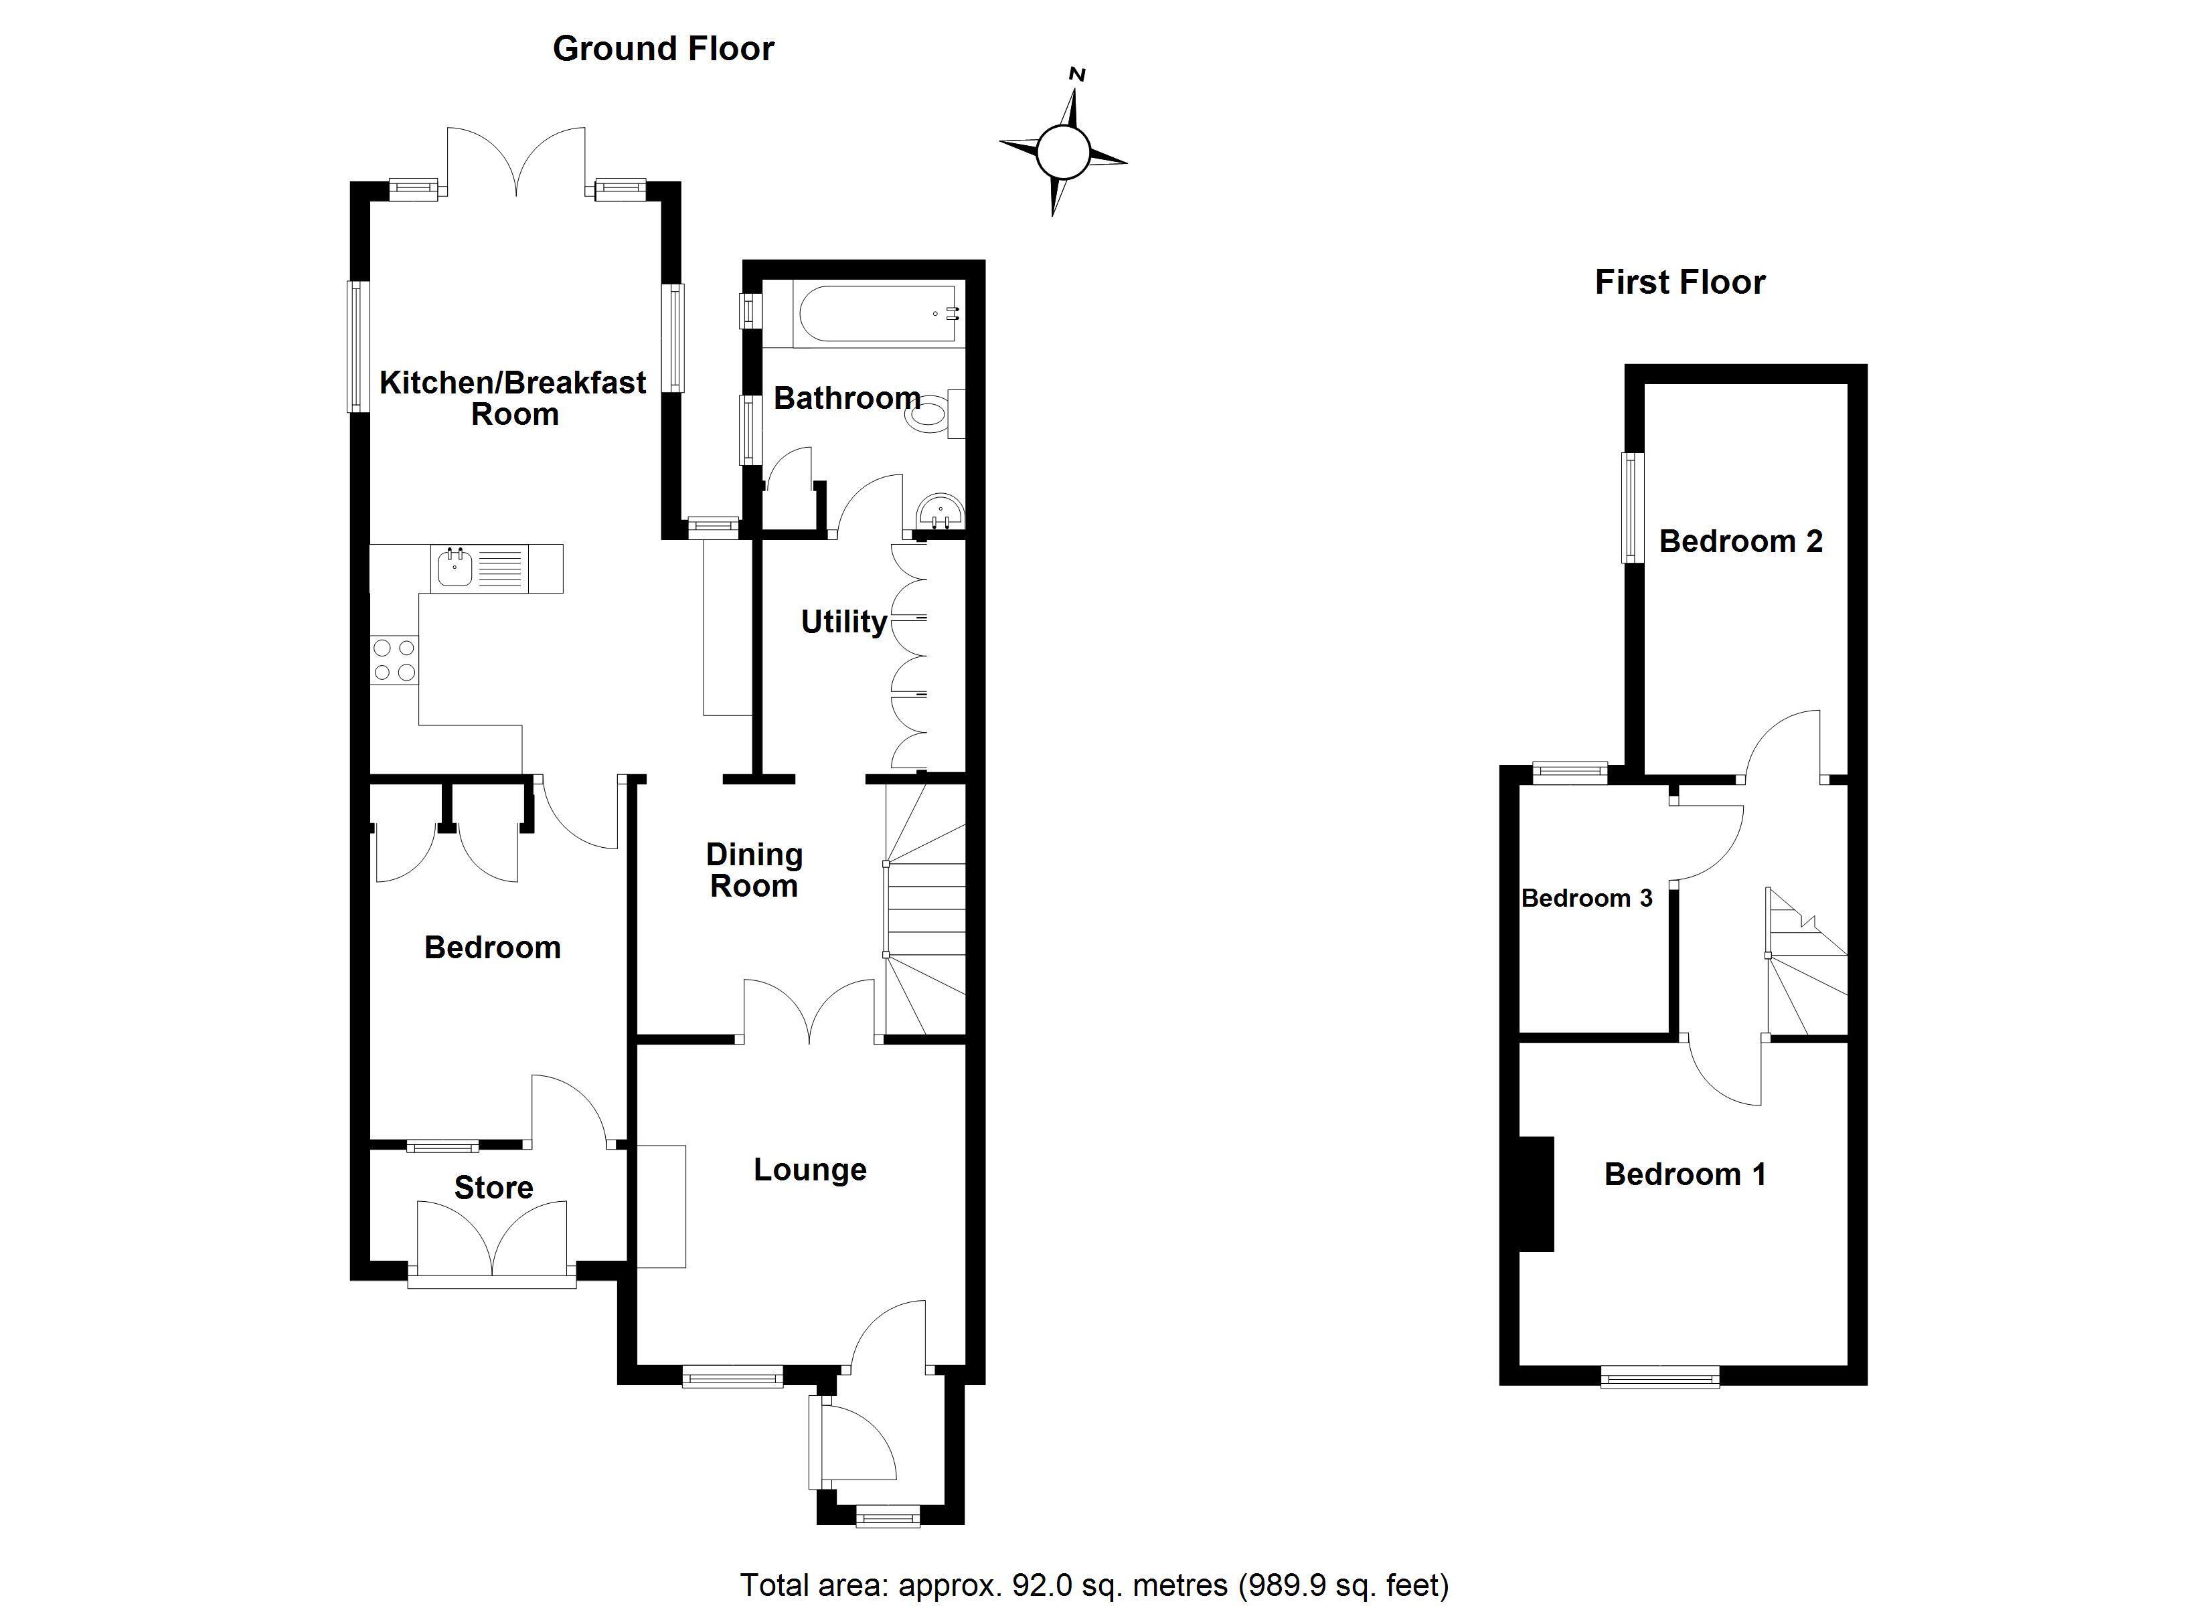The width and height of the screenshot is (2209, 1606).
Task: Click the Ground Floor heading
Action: [663, 49]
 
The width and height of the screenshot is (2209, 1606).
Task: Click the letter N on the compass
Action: [1077, 74]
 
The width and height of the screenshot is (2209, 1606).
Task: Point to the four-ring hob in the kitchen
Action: [394, 659]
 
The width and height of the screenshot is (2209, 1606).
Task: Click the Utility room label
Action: [843, 622]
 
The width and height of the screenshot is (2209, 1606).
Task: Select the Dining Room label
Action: [754, 870]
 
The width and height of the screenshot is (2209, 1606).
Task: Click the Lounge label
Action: [809, 1169]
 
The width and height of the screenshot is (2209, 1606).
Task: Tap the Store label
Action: [494, 1187]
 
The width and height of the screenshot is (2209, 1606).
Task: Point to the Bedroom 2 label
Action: [1740, 541]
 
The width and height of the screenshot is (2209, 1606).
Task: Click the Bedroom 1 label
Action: [1685, 1174]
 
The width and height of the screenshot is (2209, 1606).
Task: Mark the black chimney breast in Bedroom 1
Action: [1536, 1193]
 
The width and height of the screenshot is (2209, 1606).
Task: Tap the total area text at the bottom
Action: [1094, 1585]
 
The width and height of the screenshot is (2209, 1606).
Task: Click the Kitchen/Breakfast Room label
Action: [513, 398]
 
